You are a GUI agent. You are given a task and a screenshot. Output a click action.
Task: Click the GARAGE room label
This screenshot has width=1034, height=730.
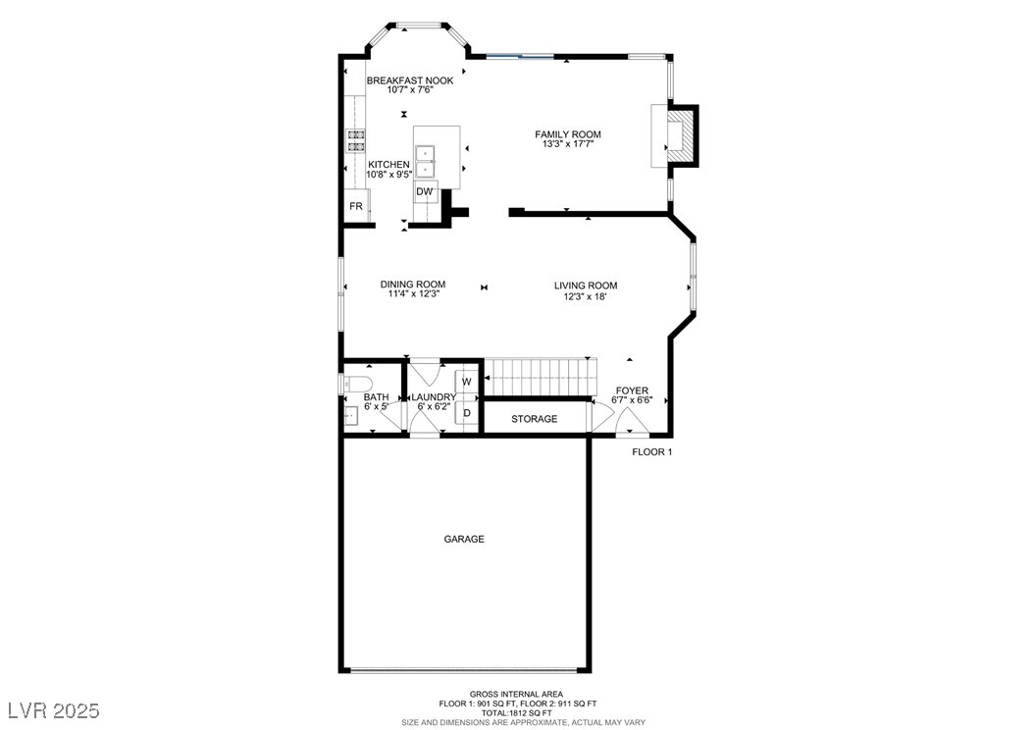tap(464, 539)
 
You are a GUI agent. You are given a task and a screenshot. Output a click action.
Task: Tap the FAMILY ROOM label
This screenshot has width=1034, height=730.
tap(567, 134)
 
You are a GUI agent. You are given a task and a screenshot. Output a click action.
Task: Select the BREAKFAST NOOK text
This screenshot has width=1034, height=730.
tap(410, 80)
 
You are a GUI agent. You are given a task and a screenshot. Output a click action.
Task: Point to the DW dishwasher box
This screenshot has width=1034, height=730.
tap(424, 191)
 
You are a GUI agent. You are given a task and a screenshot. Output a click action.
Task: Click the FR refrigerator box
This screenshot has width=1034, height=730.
tap(356, 207)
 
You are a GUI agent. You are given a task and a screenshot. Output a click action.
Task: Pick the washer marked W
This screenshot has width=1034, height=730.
tap(467, 381)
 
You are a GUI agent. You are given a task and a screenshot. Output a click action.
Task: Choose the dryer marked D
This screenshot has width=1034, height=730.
tap(467, 413)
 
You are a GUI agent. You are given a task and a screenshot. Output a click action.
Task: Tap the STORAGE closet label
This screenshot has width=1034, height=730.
tap(534, 419)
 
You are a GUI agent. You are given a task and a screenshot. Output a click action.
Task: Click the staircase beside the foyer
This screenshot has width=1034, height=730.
tap(543, 373)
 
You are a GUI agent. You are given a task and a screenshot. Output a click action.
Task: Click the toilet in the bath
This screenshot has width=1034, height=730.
tap(355, 383)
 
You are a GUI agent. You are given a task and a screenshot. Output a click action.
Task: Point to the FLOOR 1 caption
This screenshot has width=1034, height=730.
tap(651, 452)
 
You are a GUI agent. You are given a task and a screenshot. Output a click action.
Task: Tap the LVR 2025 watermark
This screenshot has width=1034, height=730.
tap(53, 709)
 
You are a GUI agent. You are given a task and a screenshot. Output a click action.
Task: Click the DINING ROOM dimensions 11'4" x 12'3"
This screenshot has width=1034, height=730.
tap(412, 294)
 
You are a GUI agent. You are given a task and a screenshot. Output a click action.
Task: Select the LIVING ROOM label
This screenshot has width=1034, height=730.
tap(585, 286)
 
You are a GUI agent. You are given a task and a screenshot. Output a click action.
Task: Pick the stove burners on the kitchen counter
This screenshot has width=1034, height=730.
tap(355, 140)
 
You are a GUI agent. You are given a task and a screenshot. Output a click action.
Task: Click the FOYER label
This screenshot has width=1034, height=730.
tap(632, 391)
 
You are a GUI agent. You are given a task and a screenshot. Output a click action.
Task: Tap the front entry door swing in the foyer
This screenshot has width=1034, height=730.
tap(633, 423)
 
